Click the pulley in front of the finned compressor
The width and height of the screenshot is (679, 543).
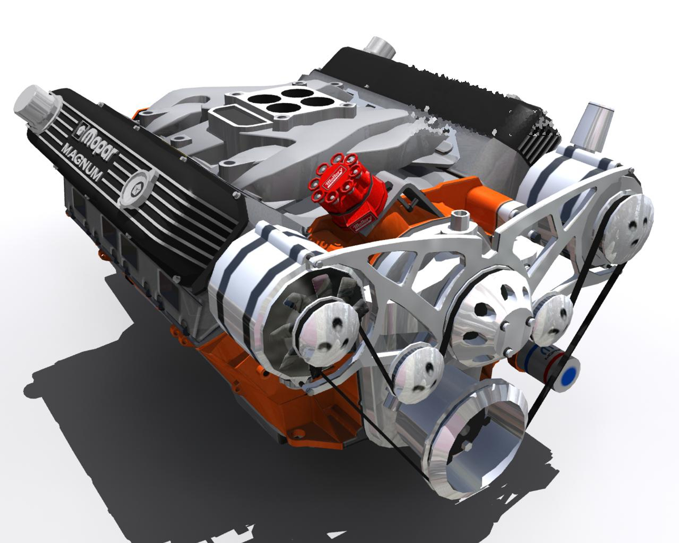327,334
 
